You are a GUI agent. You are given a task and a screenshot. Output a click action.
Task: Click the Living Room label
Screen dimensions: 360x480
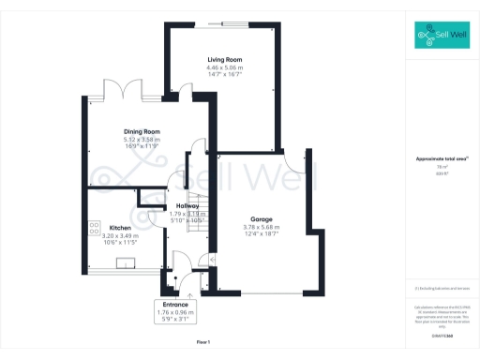pos(225,60)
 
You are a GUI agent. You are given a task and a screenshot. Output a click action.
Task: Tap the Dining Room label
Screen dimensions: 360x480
pos(142,132)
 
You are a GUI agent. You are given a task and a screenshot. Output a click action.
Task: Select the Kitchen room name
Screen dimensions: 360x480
pos(119,228)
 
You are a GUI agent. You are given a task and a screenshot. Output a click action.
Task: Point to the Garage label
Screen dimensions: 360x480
pos(261,218)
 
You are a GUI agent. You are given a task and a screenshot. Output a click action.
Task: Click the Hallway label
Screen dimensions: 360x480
pos(186,205)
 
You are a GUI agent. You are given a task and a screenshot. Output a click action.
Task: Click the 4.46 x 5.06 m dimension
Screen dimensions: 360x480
pos(225,67)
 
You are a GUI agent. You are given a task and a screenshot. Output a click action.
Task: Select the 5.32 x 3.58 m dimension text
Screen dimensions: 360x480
pos(142,140)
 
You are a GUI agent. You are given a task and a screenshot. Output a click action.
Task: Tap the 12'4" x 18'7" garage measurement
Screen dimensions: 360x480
pos(261,233)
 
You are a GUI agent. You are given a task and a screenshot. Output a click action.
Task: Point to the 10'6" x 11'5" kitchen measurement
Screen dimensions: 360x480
pos(119,243)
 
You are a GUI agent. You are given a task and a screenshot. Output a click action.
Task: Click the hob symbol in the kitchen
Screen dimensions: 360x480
pos(95,226)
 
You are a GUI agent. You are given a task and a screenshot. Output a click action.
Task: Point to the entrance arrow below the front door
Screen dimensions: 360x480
pos(188,293)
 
